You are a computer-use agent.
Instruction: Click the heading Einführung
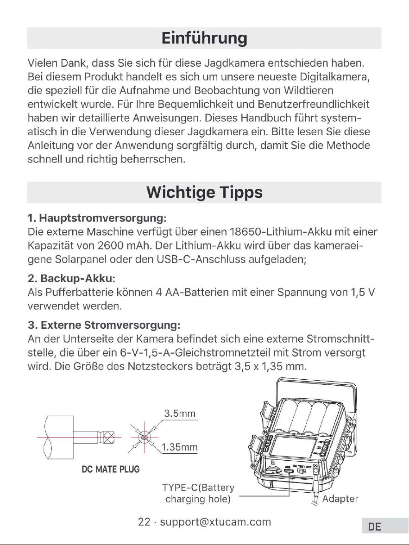click(205, 38)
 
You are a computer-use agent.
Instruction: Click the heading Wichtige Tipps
click(205, 192)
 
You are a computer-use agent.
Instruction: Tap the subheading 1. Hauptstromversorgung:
click(97, 218)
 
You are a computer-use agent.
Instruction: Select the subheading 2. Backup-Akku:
click(71, 278)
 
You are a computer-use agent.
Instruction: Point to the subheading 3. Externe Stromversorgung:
click(104, 325)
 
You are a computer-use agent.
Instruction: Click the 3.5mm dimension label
click(180, 413)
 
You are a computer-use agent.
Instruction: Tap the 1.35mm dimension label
click(179, 447)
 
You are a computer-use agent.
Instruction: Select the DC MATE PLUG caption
click(111, 469)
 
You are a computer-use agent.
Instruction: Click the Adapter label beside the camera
click(340, 499)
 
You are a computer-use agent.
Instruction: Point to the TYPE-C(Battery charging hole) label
click(198, 493)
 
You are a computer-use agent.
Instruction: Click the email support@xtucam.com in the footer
click(215, 522)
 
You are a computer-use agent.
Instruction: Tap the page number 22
click(144, 522)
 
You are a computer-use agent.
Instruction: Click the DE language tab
click(375, 527)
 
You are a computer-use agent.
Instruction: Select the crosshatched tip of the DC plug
click(109, 437)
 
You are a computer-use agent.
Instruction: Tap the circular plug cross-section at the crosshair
click(144, 437)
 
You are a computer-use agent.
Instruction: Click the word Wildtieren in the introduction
click(308, 90)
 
